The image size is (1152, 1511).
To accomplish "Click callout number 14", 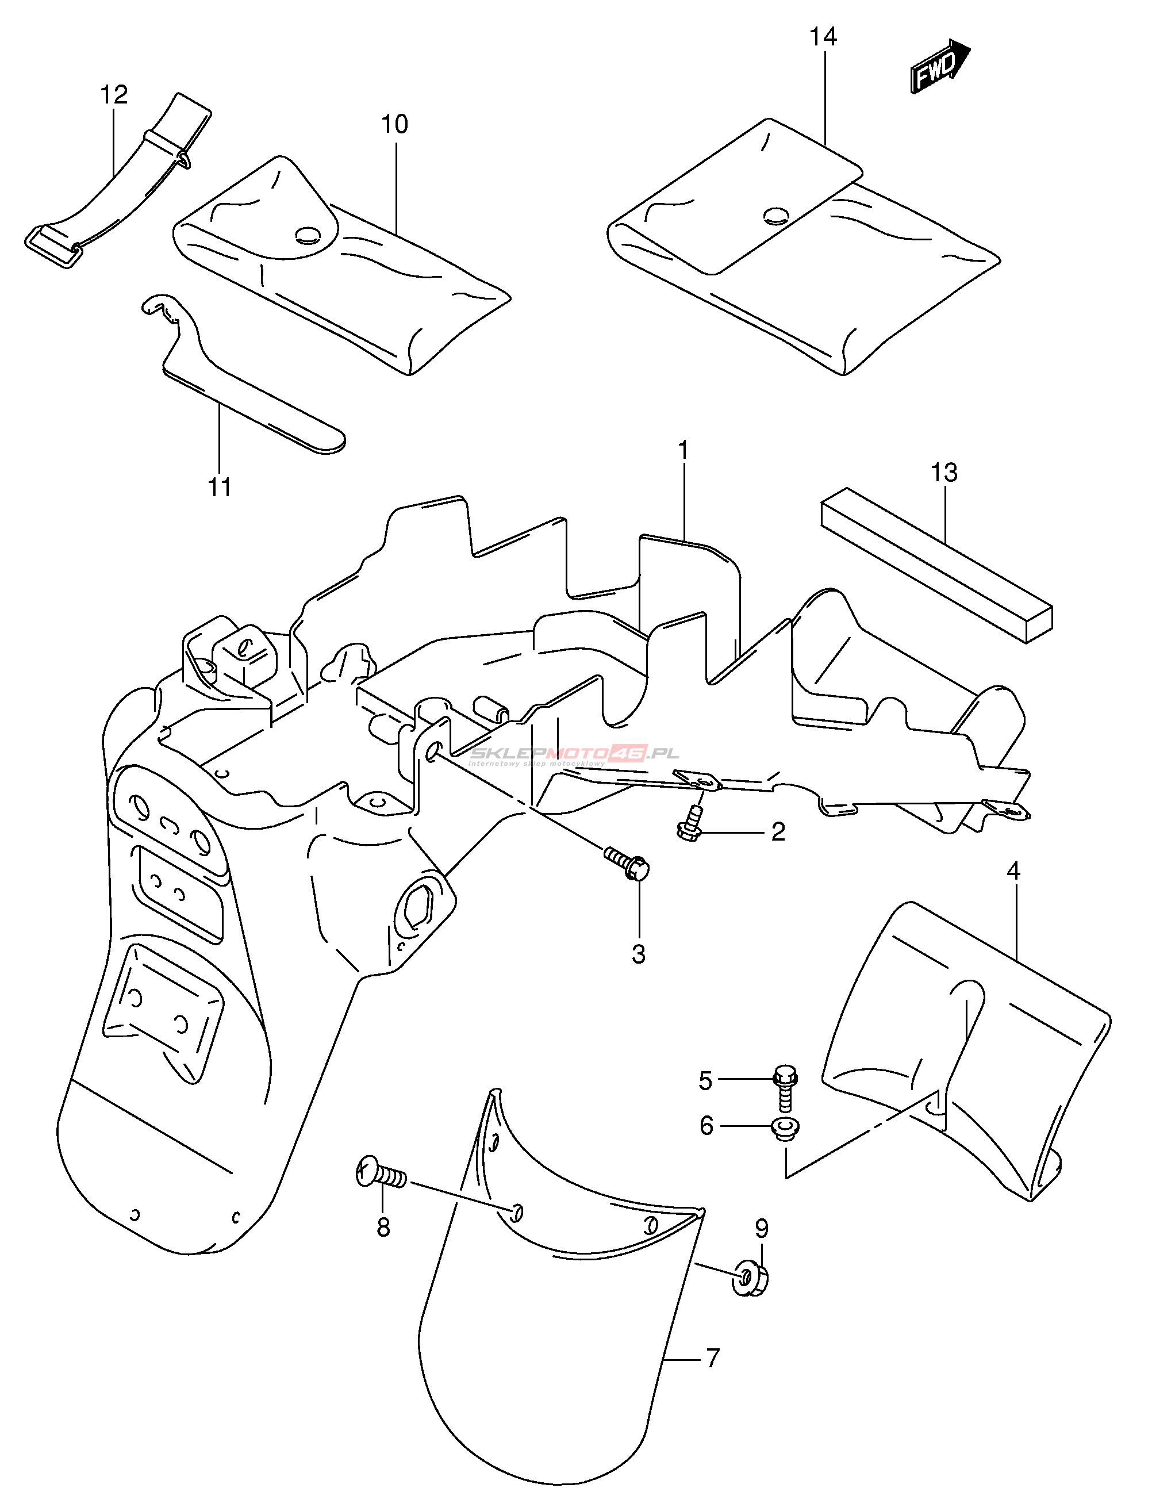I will click(x=823, y=36).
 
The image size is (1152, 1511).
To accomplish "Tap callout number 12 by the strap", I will click(x=114, y=95).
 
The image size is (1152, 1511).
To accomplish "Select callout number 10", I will click(x=394, y=124).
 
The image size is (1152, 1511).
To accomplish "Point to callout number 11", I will click(x=220, y=487).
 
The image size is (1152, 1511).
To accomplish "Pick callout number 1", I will click(x=683, y=451).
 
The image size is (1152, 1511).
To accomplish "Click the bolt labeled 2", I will click(x=690, y=826).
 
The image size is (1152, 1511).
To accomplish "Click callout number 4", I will click(x=1013, y=871).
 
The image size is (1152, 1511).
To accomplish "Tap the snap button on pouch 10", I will click(x=308, y=235).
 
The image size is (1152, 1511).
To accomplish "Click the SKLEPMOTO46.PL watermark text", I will click(x=575, y=754).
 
